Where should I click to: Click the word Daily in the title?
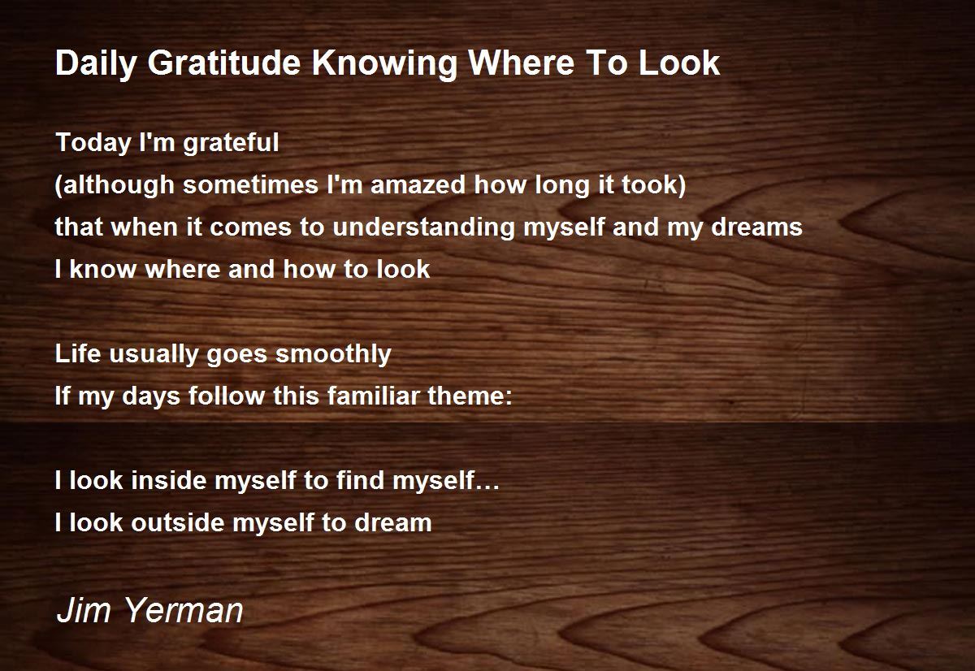tap(96, 64)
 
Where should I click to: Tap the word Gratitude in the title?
tap(224, 63)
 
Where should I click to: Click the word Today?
tap(93, 143)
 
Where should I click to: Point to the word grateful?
tap(231, 143)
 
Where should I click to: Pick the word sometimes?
tap(250, 184)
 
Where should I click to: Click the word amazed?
tap(418, 184)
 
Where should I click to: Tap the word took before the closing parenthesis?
tap(648, 184)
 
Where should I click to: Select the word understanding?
tap(423, 227)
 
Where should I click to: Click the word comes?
tap(250, 228)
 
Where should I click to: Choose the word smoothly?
tap(333, 354)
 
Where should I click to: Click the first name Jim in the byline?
tap(84, 610)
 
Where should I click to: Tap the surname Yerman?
tap(184, 610)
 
